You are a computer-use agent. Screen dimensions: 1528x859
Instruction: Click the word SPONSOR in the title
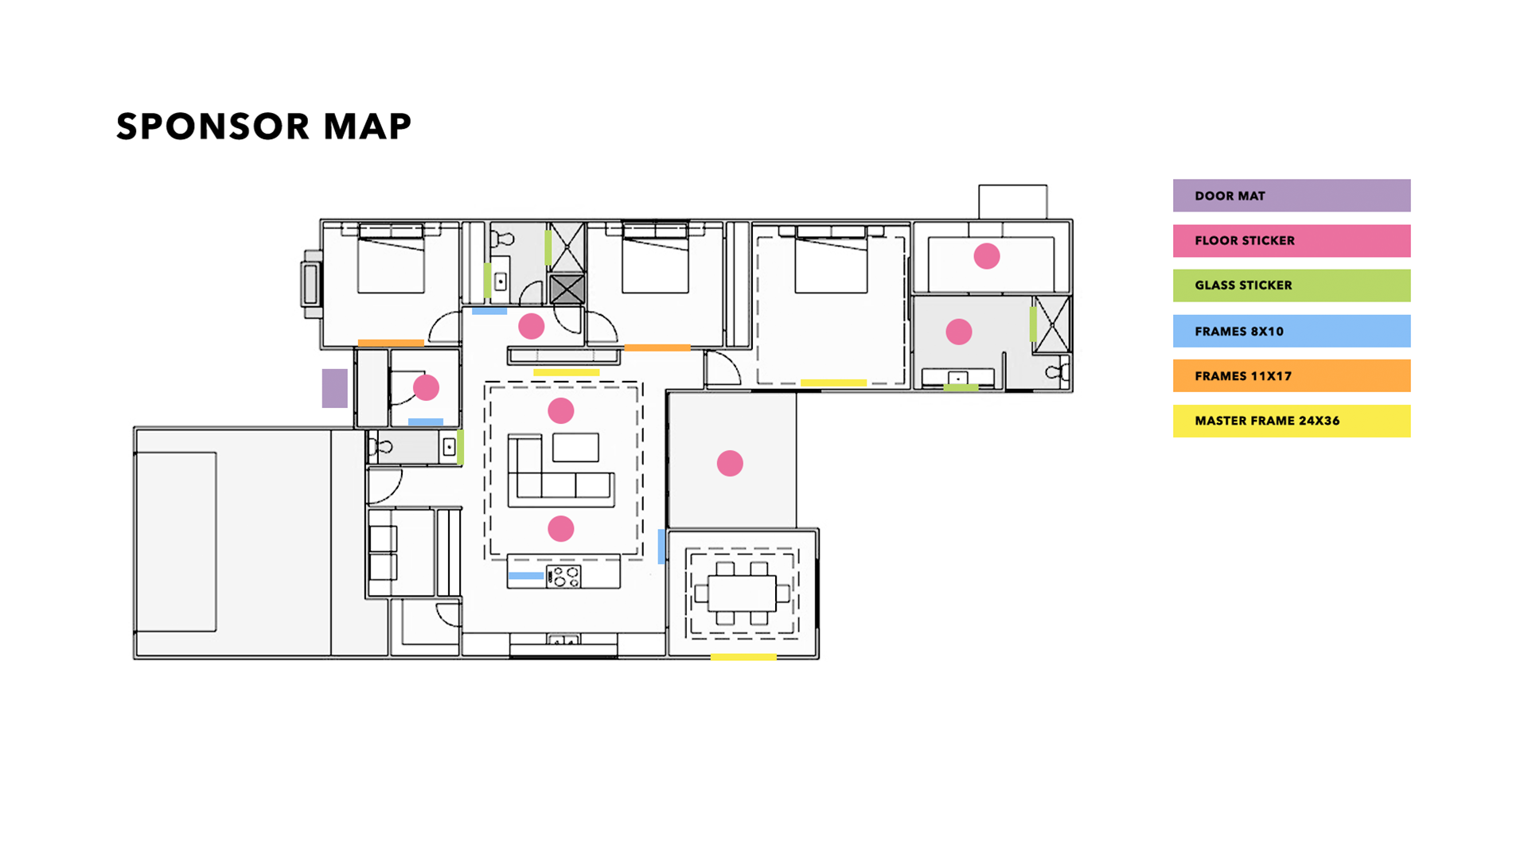pyautogui.click(x=212, y=126)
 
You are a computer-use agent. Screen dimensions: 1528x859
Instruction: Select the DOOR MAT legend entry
pyautogui.click(x=1292, y=196)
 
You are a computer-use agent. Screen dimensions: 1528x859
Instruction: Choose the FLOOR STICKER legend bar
pyautogui.click(x=1292, y=241)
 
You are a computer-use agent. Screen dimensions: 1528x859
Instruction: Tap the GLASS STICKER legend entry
pyautogui.click(x=1292, y=286)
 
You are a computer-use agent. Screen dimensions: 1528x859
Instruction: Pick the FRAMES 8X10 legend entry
pyautogui.click(x=1292, y=331)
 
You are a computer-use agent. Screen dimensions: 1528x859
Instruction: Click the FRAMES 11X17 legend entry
pyautogui.click(x=1292, y=376)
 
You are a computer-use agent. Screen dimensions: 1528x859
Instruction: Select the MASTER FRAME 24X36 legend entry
pyautogui.click(x=1292, y=421)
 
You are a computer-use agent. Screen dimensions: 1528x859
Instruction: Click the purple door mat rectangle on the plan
pyautogui.click(x=334, y=388)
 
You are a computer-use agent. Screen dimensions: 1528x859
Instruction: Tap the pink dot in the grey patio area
pyautogui.click(x=730, y=463)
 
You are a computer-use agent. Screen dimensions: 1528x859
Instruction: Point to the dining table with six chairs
pyautogui.click(x=742, y=593)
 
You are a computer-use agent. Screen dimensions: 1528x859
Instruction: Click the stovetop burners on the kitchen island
pyautogui.click(x=564, y=577)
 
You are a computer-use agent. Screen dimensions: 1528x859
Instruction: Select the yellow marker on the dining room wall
pyautogui.click(x=743, y=657)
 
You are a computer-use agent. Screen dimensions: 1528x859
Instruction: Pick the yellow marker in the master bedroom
pyautogui.click(x=833, y=383)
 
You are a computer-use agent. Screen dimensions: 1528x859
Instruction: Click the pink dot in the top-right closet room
pyautogui.click(x=987, y=256)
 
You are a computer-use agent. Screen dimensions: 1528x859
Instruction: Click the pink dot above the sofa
pyautogui.click(x=561, y=410)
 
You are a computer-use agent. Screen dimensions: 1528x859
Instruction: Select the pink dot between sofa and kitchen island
pyautogui.click(x=561, y=529)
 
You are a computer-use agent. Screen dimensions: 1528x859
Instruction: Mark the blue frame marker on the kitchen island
pyautogui.click(x=526, y=576)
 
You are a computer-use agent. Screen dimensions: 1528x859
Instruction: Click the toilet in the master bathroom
pyautogui.click(x=1058, y=371)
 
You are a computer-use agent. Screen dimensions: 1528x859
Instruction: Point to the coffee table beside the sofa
pyautogui.click(x=576, y=448)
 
